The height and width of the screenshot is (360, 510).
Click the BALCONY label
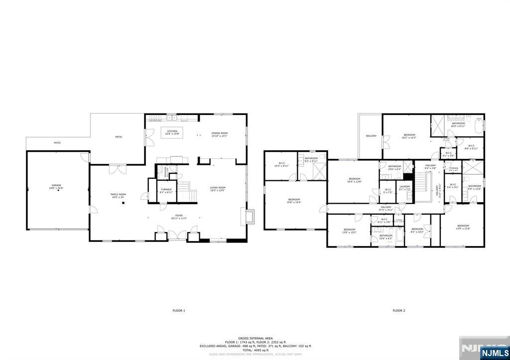tap(371, 136)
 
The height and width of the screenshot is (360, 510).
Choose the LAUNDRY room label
tap(404, 188)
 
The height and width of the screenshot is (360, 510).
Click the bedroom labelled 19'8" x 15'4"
tap(294, 201)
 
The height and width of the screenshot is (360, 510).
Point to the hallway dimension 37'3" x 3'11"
tap(386, 210)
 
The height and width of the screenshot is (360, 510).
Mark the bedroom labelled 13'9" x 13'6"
tap(463, 227)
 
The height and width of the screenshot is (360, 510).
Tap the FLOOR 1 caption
tap(179, 310)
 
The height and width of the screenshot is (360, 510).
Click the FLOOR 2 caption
tap(398, 310)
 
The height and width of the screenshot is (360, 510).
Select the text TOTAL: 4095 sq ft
tap(255, 350)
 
